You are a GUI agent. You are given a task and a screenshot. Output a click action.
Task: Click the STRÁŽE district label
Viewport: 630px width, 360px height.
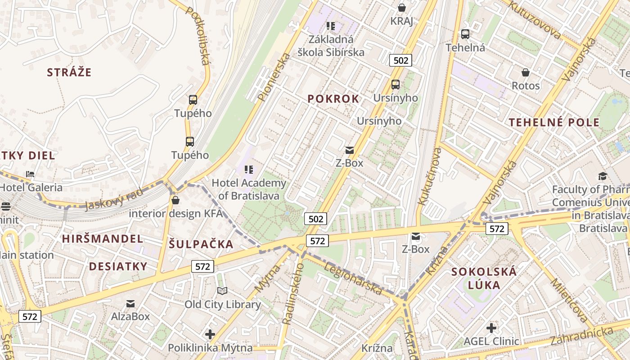click(69, 72)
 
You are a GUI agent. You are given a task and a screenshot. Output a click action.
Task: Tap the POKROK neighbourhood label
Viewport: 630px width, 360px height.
click(333, 99)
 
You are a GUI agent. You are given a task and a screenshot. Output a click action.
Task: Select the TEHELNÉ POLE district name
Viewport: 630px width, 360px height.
click(554, 122)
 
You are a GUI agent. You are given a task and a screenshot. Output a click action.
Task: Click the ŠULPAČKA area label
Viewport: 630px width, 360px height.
click(201, 244)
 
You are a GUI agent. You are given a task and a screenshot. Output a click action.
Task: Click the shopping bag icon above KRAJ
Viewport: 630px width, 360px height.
click(401, 8)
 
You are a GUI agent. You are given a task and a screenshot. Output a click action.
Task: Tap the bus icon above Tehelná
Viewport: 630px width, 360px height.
click(465, 34)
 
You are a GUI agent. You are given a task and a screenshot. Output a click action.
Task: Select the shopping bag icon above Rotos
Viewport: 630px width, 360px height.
click(525, 72)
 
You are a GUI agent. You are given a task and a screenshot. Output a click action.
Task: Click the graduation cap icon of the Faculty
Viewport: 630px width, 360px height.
click(603, 176)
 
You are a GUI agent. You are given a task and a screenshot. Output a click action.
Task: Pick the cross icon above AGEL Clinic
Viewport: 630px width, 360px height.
click(491, 328)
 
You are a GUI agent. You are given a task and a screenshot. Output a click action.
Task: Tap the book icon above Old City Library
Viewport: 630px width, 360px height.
click(222, 291)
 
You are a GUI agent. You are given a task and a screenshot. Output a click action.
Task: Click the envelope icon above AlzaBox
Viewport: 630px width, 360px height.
click(130, 304)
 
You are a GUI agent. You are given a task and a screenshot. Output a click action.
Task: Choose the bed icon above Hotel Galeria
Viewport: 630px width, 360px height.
click(30, 174)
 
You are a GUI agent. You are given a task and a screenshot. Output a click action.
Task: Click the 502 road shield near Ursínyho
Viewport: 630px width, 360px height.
click(400, 60)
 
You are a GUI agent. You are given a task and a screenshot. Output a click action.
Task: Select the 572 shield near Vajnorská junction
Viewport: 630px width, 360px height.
click(497, 229)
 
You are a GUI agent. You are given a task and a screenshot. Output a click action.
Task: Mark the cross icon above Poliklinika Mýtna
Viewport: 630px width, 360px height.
click(210, 334)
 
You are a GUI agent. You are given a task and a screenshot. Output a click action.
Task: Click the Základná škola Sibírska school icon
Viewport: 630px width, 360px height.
click(331, 26)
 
